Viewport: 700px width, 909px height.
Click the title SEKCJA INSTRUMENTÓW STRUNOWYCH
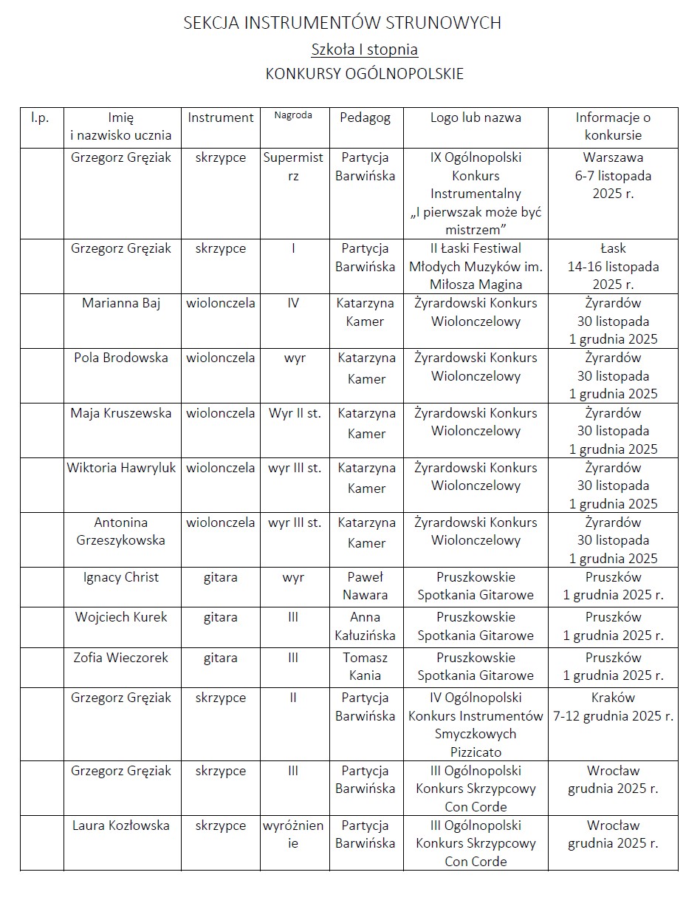pos(342,24)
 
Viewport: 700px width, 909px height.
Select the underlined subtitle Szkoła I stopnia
pos(364,50)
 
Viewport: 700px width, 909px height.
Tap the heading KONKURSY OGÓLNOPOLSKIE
pos(364,74)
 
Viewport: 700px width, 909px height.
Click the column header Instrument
pos(220,118)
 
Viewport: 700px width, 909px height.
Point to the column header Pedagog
pos(365,118)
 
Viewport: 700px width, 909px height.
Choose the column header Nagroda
pos(293,115)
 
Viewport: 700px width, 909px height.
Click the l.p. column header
pos(40,118)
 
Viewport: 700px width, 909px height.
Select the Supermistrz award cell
pos(293,166)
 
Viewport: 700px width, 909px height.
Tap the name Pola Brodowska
pos(121,358)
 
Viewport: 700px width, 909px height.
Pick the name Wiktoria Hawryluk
pos(122,468)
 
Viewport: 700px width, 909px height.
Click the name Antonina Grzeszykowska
pos(121,531)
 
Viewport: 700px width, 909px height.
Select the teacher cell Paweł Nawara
pos(365,586)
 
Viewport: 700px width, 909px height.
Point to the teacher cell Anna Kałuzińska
pos(365,626)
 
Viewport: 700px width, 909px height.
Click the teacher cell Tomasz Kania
pos(365,667)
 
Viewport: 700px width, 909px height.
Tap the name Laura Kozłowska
pos(120,825)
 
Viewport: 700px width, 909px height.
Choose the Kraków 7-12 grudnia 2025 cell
pos(613,707)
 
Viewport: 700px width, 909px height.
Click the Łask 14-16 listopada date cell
pos(613,266)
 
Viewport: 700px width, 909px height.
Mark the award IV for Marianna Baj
pos(293,303)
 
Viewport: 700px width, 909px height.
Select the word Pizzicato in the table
pos(476,752)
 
